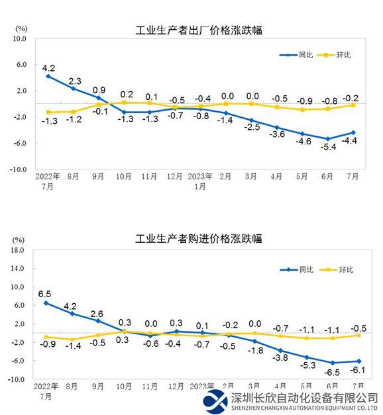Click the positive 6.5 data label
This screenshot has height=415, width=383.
44,293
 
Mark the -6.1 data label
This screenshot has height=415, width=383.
356,371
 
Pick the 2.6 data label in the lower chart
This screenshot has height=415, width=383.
97,314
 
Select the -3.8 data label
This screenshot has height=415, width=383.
280,357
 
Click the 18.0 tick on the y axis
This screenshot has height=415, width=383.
17,250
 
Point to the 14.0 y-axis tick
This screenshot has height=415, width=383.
17,269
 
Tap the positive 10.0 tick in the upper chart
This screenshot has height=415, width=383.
17,38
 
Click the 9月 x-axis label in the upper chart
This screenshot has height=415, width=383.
98,177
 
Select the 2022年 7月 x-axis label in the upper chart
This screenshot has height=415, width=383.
48,181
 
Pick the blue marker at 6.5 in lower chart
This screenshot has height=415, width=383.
46,303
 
